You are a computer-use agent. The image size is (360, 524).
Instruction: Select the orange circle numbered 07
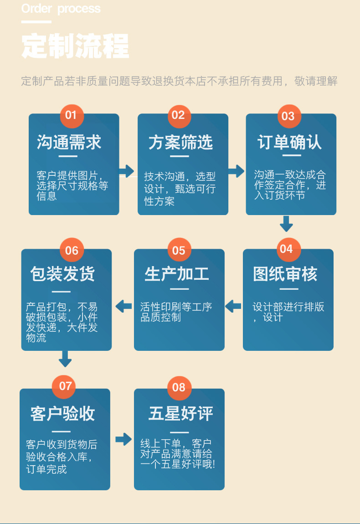coord(65,386)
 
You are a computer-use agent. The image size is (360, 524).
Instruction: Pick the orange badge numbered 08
coord(179,388)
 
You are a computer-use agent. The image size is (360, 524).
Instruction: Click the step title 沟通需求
coord(69,143)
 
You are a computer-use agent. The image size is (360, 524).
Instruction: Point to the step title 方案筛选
coord(180,143)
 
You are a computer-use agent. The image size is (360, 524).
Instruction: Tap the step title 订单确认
coord(289,143)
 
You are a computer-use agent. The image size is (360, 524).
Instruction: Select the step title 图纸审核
coord(285,274)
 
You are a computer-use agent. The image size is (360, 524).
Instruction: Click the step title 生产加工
coord(177,274)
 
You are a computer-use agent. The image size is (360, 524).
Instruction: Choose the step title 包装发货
coord(63,274)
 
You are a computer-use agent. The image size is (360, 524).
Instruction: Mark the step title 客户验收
coord(63,414)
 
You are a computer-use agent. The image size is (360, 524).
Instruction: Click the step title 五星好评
coord(180,414)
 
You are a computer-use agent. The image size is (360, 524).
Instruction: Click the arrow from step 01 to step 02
coord(127,171)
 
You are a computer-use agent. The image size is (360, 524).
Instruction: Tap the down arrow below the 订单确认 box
coord(286,223)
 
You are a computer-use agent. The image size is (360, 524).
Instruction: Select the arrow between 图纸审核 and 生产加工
coord(233,306)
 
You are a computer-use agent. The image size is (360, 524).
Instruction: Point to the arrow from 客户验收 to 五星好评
coord(123,439)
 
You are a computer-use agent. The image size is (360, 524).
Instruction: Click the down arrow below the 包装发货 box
coord(65,359)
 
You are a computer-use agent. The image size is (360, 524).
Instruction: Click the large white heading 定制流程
coord(75,46)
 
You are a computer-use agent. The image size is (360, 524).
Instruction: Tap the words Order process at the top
coord(61,9)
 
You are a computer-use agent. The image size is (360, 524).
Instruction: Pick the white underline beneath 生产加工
coord(179,289)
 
